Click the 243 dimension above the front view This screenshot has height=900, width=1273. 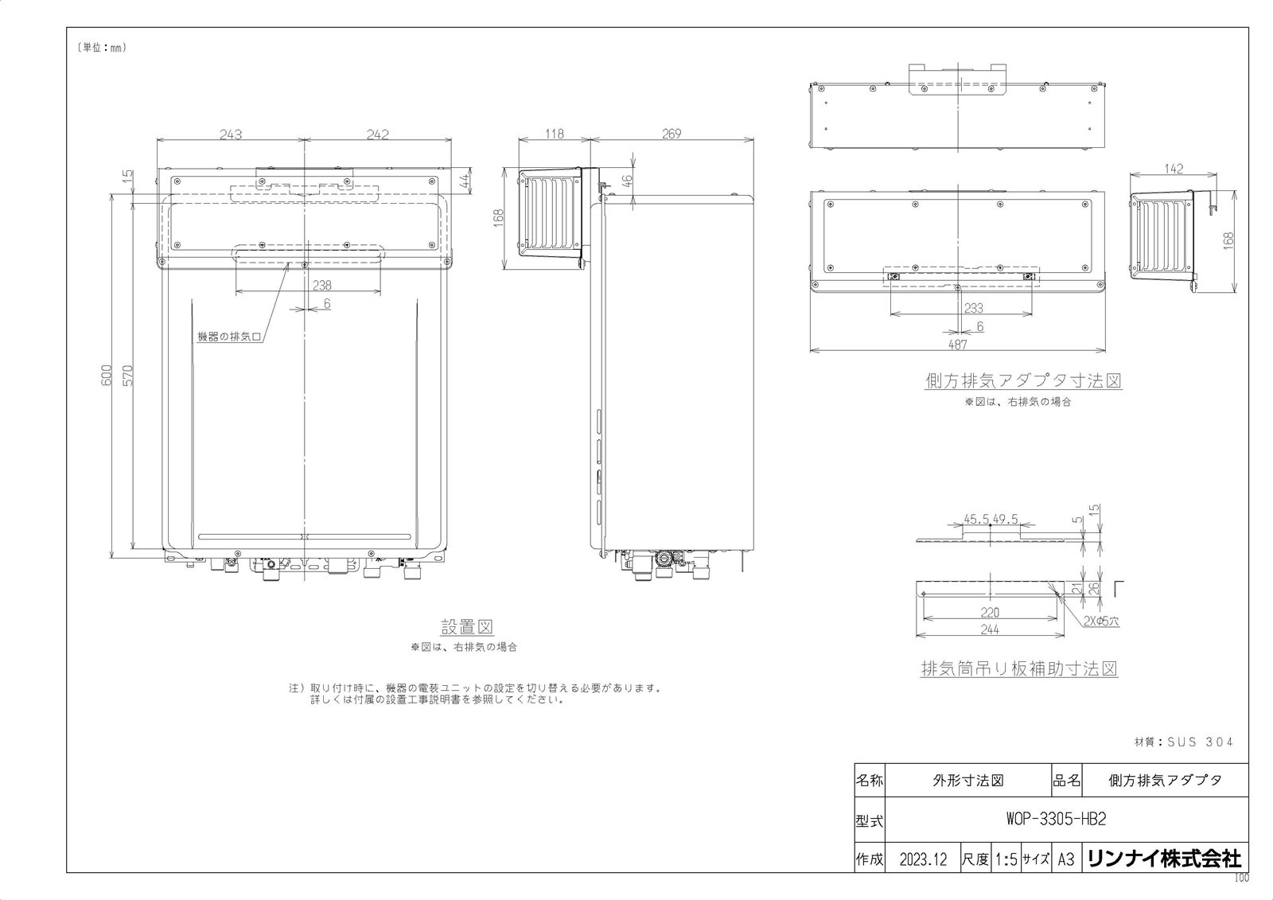click(x=231, y=134)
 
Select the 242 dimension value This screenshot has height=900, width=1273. click(x=378, y=134)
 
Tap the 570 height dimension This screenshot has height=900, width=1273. click(x=128, y=376)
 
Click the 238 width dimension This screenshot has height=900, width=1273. click(x=321, y=285)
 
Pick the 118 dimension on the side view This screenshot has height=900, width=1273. click(x=555, y=134)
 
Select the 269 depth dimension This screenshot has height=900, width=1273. click(x=672, y=134)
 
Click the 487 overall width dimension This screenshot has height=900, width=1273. click(x=958, y=344)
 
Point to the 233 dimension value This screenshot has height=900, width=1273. click(x=974, y=308)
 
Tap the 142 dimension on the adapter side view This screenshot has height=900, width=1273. click(x=1174, y=169)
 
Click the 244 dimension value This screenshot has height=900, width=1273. click(x=990, y=629)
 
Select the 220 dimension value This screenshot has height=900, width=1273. click(x=990, y=612)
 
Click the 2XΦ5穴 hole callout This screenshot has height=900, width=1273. click(x=1101, y=621)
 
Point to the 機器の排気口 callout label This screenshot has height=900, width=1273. click(x=229, y=337)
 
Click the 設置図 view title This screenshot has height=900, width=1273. click(x=467, y=627)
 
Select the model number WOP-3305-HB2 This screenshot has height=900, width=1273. click(x=1056, y=820)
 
